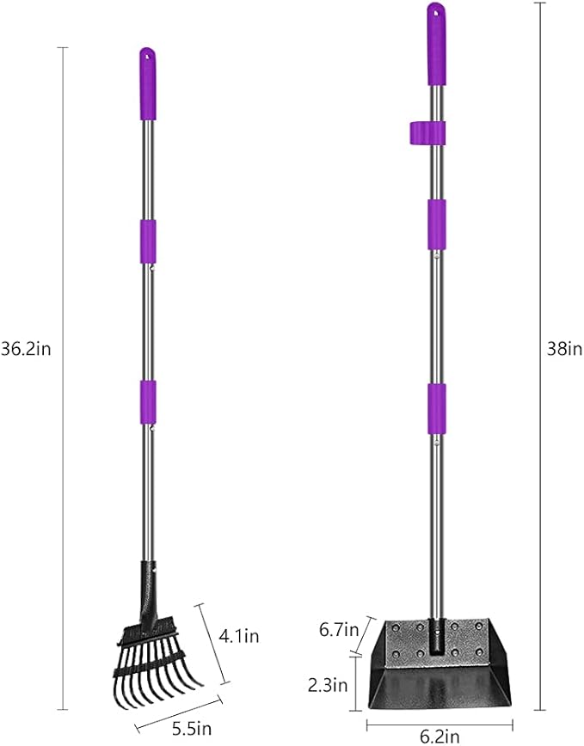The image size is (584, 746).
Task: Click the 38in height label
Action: click(564, 348)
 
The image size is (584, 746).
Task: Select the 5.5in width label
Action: click(191, 728)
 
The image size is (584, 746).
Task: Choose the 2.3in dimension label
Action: click(328, 685)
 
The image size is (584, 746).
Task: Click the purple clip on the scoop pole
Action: click(427, 132)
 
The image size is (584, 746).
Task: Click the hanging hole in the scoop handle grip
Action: click(436, 12)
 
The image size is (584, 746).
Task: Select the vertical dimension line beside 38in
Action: click(539, 258)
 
